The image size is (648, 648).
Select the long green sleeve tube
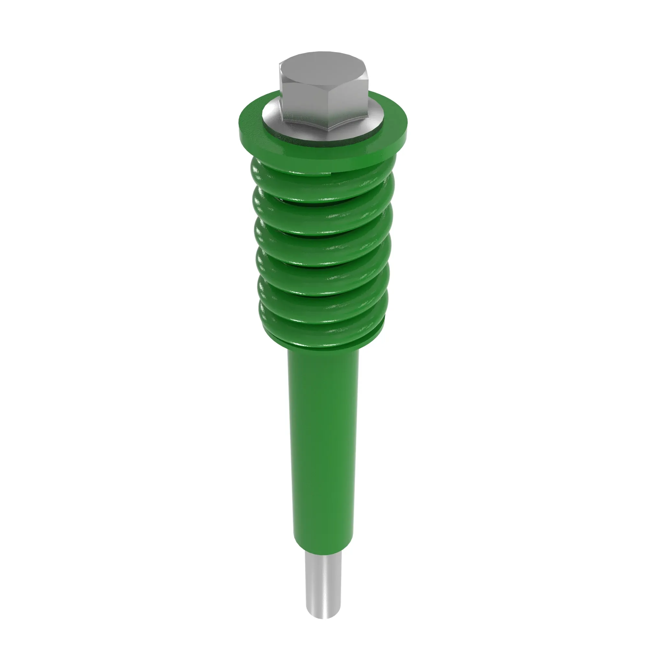click(x=323, y=436)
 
